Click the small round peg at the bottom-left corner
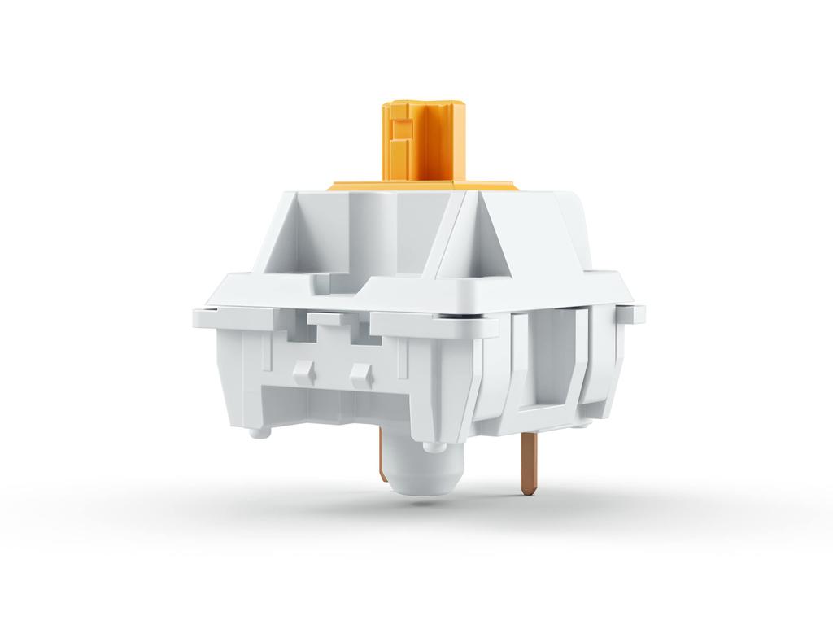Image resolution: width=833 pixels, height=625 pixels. (259, 431)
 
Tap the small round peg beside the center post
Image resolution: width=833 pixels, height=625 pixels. (434, 445)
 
